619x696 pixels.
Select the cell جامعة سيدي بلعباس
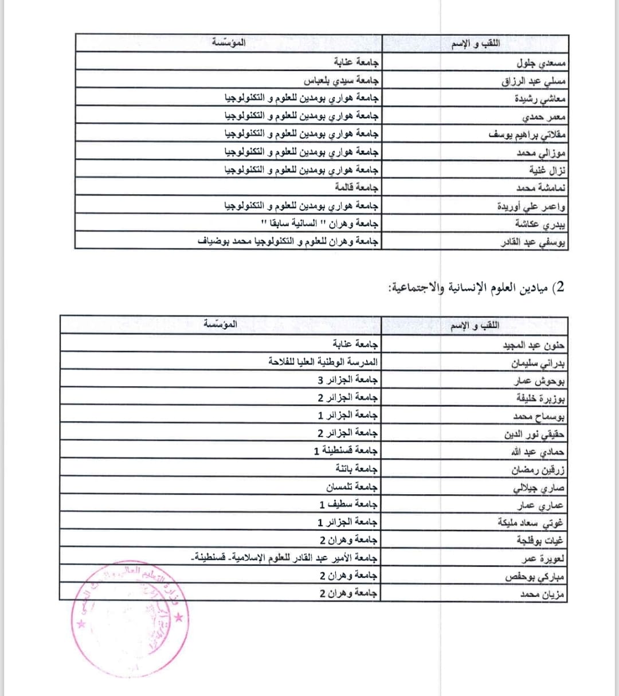coord(341,80)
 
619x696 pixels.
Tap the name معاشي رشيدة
coord(540,99)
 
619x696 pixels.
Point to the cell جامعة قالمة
coord(356,187)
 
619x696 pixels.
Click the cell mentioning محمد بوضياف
coord(288,241)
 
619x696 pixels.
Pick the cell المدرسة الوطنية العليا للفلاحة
coord(323,362)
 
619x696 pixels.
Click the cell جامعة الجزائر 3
coord(348,380)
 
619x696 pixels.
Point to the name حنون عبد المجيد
coord(534,345)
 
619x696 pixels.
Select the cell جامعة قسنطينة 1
coord(346,451)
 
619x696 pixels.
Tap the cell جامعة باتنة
coord(356,468)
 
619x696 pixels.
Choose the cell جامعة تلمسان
coord(352,486)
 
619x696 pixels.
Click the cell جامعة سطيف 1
coord(348,504)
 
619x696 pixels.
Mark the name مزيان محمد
coord(542,595)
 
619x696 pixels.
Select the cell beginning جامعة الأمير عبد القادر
coord(284,557)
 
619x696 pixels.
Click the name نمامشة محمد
coord(541,188)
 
